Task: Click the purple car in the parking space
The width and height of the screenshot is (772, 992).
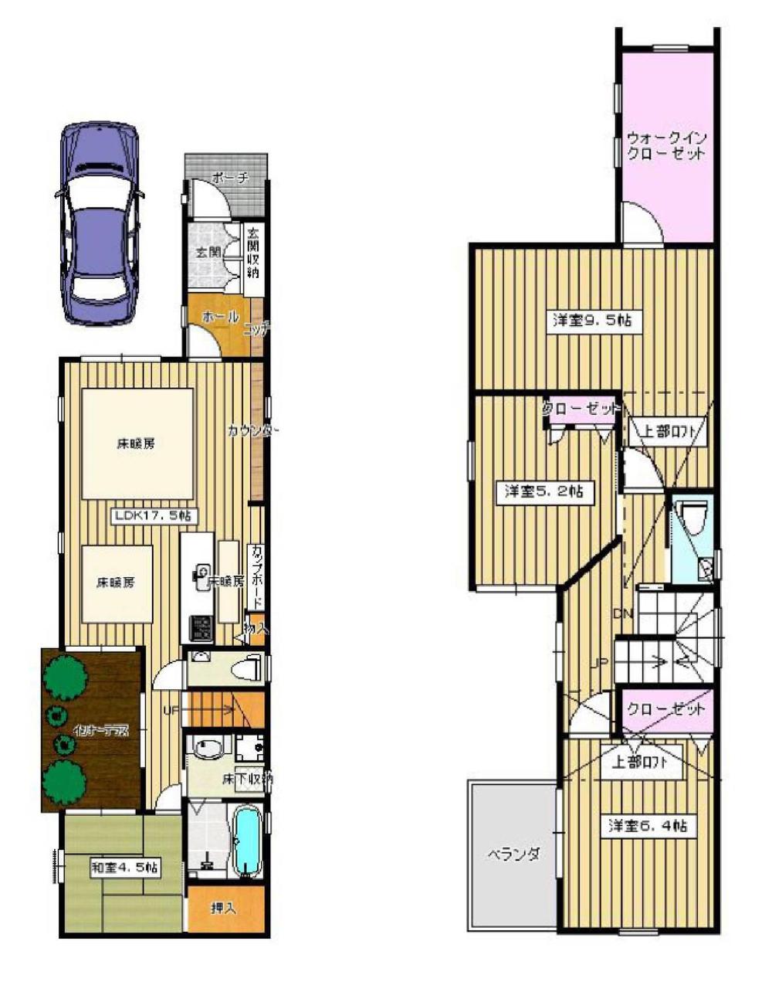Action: (x=100, y=225)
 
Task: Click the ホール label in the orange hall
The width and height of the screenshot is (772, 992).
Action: (x=219, y=317)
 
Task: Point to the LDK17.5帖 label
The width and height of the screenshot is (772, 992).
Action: (x=154, y=516)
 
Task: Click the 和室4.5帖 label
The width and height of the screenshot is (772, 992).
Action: (x=125, y=868)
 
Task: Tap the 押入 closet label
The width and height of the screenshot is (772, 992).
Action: (x=224, y=909)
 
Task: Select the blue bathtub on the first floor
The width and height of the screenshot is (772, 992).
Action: (x=246, y=843)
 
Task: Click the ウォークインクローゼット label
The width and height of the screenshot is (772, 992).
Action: (x=665, y=145)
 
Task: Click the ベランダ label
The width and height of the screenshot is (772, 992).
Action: (x=512, y=854)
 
